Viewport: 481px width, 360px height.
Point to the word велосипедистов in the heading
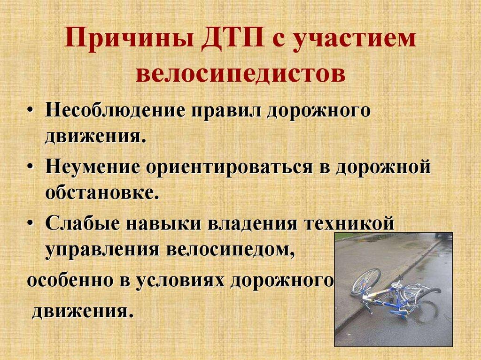[x=240, y=74]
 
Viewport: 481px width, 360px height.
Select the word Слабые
[x=81, y=222]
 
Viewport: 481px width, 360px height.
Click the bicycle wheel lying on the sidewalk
[x=365, y=281]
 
